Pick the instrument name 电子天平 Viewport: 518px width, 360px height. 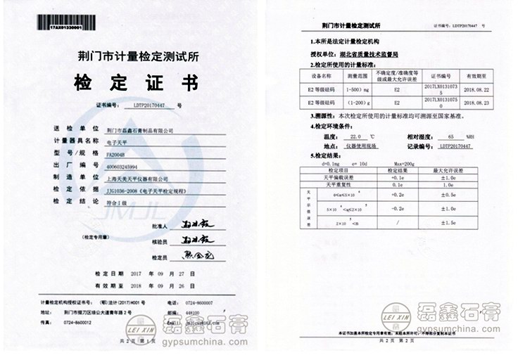(117, 141)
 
